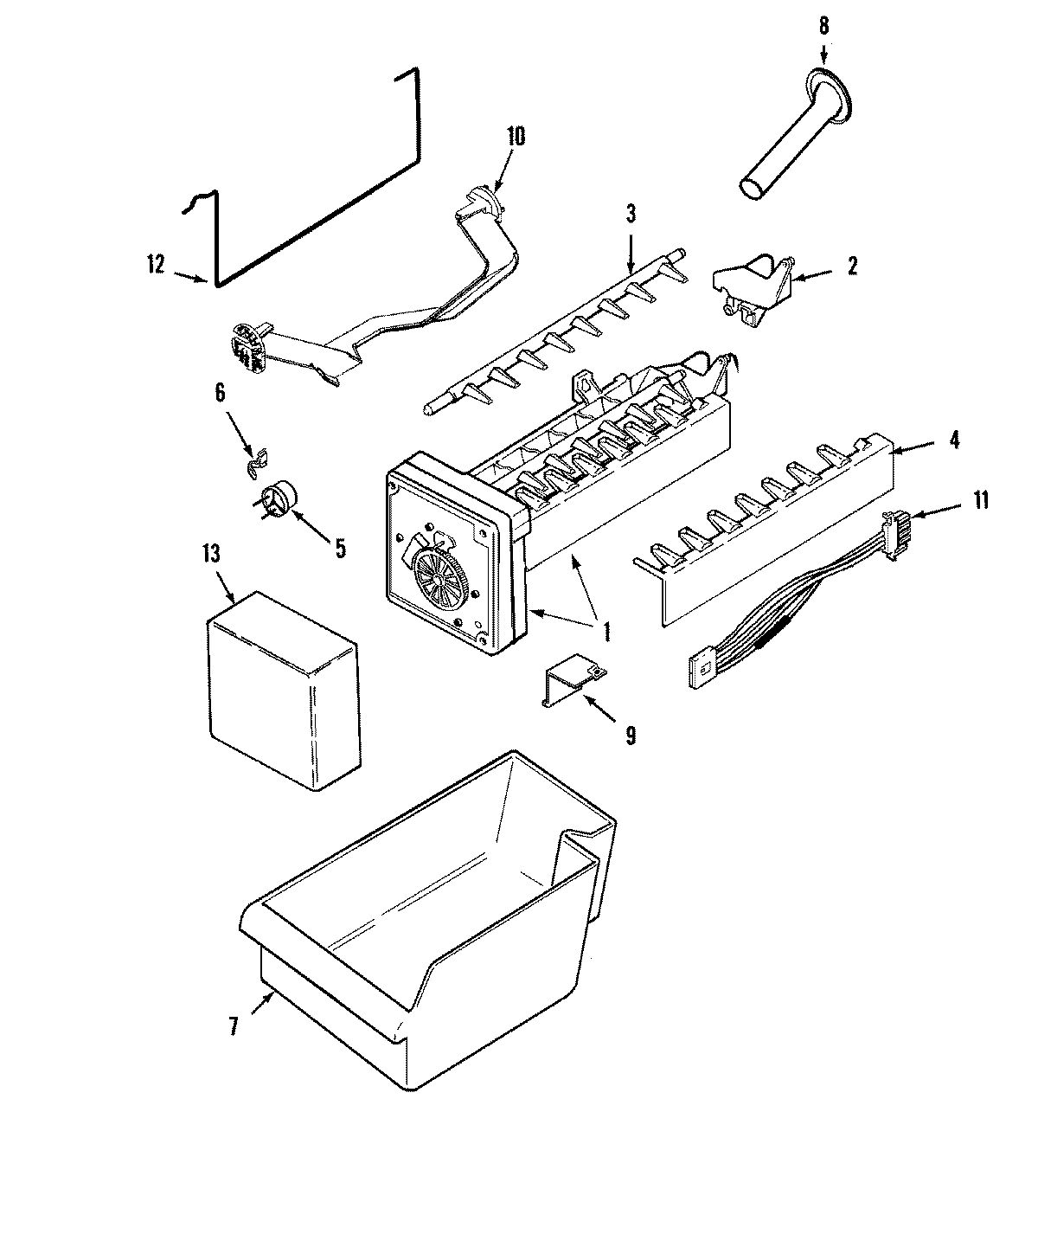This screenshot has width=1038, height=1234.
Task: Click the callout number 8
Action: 822,25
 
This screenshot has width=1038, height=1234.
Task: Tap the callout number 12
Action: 156,266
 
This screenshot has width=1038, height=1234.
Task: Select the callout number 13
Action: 214,554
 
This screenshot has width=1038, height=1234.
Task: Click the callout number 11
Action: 980,499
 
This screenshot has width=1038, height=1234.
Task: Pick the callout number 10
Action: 516,136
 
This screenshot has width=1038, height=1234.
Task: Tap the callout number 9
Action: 630,735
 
